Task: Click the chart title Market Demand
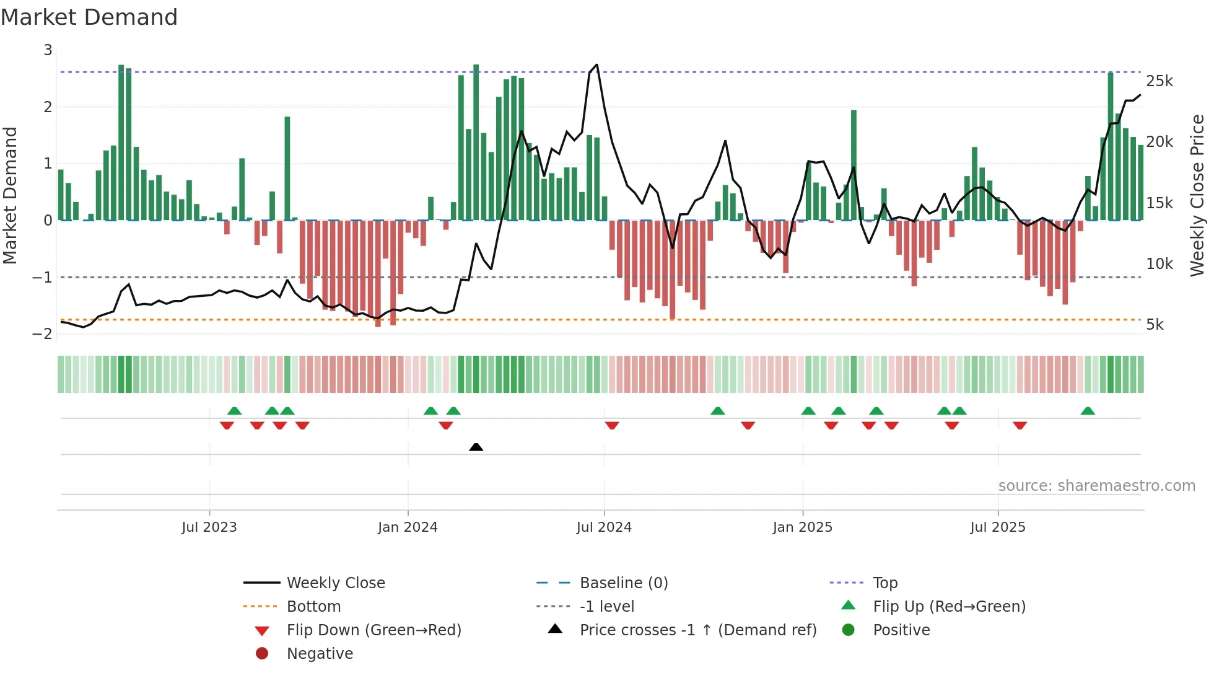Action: tap(89, 17)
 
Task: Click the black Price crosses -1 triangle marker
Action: tap(476, 447)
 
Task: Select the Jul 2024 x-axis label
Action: tap(604, 527)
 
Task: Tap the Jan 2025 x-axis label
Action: tap(802, 527)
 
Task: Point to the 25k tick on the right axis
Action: tap(1159, 81)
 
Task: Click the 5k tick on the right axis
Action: tap(1155, 325)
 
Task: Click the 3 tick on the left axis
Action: tap(48, 50)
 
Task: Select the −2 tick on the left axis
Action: tap(43, 334)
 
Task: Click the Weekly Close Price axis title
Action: tap(1197, 195)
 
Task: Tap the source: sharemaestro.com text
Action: tap(1096, 486)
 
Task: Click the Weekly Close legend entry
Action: tap(335, 583)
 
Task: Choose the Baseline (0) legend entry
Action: tap(623, 583)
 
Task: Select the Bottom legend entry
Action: tap(313, 607)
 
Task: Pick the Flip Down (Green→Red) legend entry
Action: tap(373, 630)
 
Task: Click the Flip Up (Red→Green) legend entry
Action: tap(949, 607)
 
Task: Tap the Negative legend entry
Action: tap(320, 654)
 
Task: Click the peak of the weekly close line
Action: tap(596, 64)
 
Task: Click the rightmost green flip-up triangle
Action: tap(1088, 411)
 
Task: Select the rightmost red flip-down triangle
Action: tap(1020, 425)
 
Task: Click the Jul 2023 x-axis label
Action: tap(209, 527)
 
